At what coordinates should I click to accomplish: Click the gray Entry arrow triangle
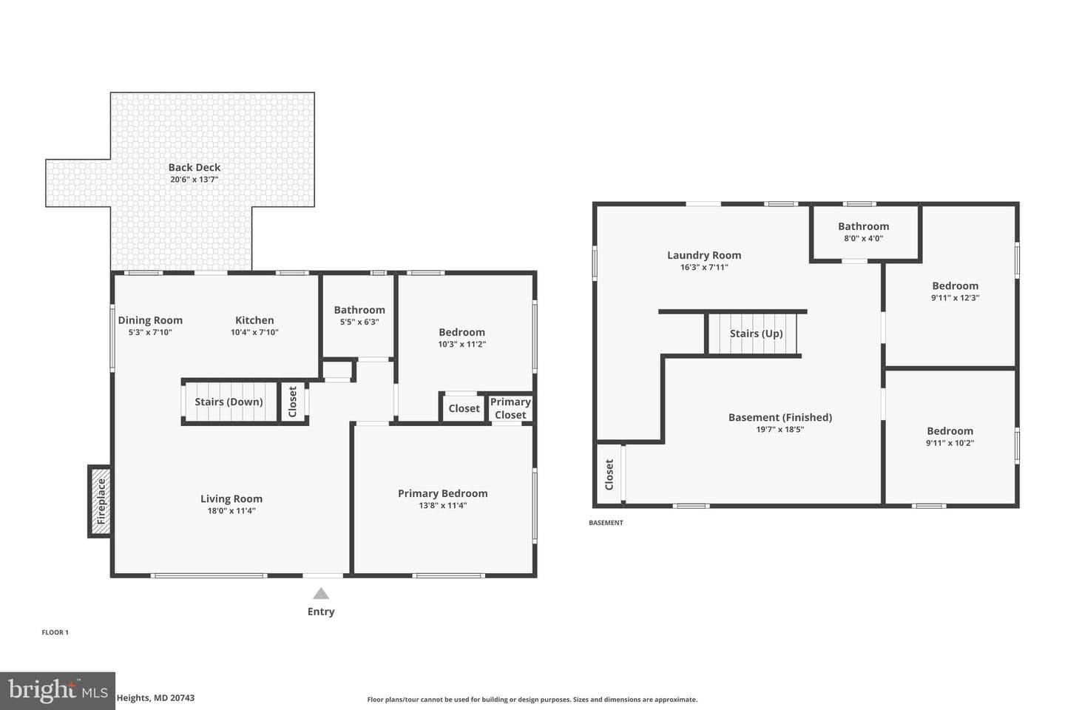pyautogui.click(x=321, y=593)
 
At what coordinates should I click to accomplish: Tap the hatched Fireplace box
pyautogui.click(x=101, y=501)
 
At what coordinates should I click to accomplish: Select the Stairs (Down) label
pyautogui.click(x=229, y=402)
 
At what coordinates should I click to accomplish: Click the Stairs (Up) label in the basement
pyautogui.click(x=756, y=334)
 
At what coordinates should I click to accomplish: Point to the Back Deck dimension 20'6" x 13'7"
pyautogui.click(x=195, y=179)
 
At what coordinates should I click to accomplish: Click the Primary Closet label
pyautogui.click(x=510, y=408)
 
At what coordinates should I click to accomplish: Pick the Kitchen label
pyautogui.click(x=254, y=320)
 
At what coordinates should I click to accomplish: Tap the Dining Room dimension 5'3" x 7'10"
pyautogui.click(x=150, y=332)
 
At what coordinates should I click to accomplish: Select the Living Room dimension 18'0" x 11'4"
pyautogui.click(x=231, y=511)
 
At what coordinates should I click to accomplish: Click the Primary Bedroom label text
pyautogui.click(x=442, y=493)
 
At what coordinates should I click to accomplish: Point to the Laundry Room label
pyautogui.click(x=704, y=255)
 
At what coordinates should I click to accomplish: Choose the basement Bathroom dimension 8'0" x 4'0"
pyautogui.click(x=863, y=238)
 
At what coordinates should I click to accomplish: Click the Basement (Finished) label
pyautogui.click(x=780, y=417)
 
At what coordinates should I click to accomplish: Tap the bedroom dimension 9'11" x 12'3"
pyautogui.click(x=956, y=298)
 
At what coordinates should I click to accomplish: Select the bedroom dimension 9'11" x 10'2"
pyautogui.click(x=950, y=443)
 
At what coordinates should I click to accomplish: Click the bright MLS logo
pyautogui.click(x=58, y=691)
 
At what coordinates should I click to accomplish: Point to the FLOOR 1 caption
pyautogui.click(x=55, y=632)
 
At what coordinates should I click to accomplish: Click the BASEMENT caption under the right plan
pyautogui.click(x=606, y=523)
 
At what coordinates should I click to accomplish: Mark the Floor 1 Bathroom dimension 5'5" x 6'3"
pyautogui.click(x=359, y=322)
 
